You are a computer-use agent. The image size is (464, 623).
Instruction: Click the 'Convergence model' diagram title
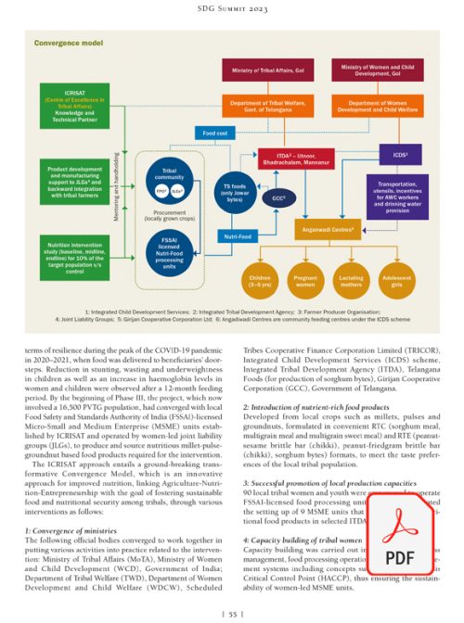(x=69, y=44)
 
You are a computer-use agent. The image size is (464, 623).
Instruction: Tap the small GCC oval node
(x=278, y=198)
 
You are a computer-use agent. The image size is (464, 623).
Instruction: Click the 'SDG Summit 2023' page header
(x=231, y=9)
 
